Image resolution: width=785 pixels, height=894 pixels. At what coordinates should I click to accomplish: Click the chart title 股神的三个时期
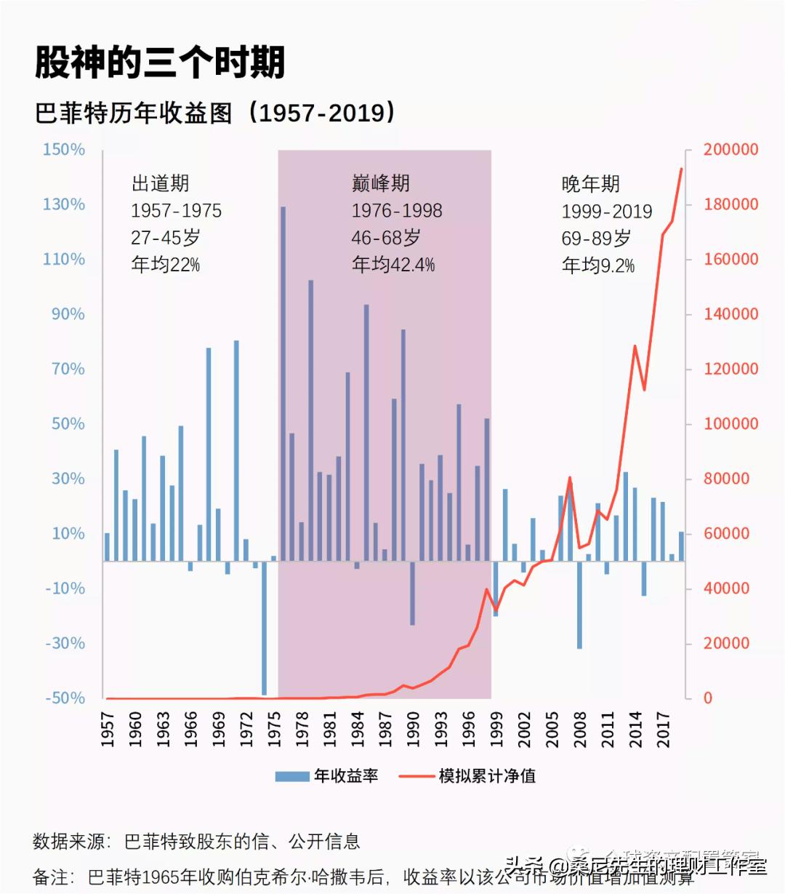tap(160, 62)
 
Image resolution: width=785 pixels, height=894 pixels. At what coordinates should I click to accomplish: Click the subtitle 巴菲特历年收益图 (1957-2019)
tap(215, 113)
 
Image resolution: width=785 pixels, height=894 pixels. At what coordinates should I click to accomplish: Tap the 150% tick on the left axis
tap(64, 150)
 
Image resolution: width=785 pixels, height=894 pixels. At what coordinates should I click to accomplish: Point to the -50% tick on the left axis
tap(65, 698)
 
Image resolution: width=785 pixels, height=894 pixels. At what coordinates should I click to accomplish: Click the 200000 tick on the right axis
tap(730, 150)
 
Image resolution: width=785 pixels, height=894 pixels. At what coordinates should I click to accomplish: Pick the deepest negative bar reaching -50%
tap(265, 629)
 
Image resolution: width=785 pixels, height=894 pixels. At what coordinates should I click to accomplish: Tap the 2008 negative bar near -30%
tap(579, 605)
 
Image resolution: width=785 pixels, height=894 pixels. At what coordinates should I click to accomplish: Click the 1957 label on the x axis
tap(108, 729)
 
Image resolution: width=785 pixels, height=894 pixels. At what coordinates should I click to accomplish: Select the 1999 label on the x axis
tap(497, 729)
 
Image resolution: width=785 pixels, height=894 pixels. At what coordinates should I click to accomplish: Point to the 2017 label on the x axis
tap(664, 729)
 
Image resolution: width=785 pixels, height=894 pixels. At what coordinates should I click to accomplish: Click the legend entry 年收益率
tap(327, 776)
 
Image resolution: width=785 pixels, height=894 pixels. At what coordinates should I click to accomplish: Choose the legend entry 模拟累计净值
tap(469, 776)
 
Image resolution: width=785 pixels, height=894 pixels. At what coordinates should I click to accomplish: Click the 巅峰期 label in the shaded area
tap(380, 183)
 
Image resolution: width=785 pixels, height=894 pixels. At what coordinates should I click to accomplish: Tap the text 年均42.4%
tap(393, 264)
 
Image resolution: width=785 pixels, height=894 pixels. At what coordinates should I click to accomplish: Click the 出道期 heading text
tap(160, 183)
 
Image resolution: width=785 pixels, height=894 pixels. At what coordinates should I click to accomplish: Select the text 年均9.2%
tap(597, 266)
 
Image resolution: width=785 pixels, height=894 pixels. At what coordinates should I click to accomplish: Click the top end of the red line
tap(681, 169)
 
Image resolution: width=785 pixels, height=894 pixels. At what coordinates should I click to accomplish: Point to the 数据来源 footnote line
tap(196, 842)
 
